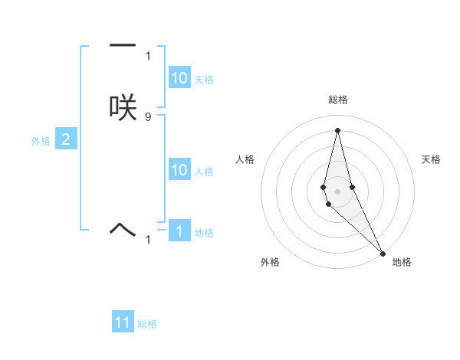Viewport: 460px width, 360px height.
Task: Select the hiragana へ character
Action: pos(123,227)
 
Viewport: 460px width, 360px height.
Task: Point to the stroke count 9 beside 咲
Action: pos(148,116)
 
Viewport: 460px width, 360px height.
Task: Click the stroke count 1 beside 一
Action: pos(148,55)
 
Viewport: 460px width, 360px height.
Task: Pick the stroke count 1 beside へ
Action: pos(148,240)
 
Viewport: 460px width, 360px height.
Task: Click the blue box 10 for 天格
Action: pos(179,78)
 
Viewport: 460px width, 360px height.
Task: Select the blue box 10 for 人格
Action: pos(179,170)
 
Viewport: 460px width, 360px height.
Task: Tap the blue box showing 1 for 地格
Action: pos(179,231)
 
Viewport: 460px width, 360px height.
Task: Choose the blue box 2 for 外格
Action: pos(66,139)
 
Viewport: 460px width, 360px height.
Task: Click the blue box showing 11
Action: pos(123,322)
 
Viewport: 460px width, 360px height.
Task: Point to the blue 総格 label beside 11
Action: pos(147,324)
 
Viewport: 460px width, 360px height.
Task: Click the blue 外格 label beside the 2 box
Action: pos(41,141)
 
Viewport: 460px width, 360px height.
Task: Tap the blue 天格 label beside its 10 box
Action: pos(204,80)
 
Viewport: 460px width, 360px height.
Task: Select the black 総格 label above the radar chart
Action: pos(338,100)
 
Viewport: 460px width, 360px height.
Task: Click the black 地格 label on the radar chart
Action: pos(402,262)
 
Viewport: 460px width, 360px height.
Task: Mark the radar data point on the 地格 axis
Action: pos(383,253)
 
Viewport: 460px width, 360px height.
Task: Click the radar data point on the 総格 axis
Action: pos(338,130)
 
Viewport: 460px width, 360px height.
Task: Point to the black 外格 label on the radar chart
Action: pos(270,262)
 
